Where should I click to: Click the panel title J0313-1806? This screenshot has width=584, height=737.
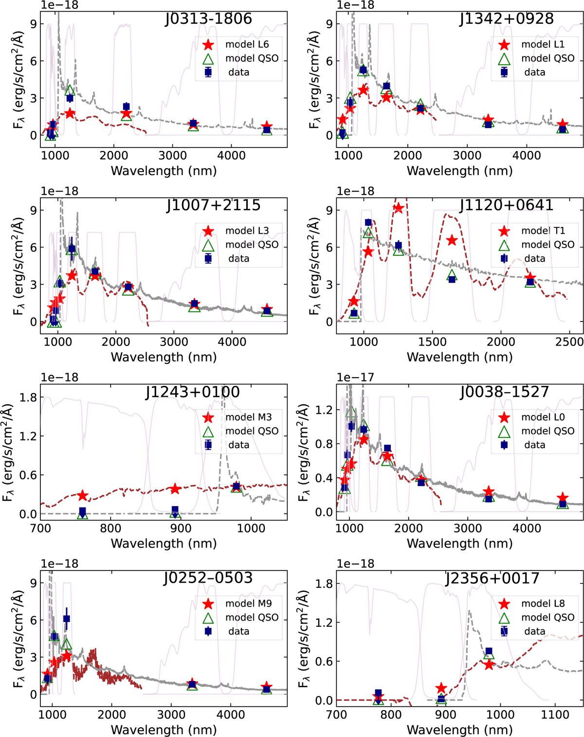[208, 19]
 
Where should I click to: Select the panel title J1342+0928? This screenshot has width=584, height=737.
[506, 19]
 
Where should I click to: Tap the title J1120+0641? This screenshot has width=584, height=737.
[506, 205]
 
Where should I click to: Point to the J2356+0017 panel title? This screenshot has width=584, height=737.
[493, 578]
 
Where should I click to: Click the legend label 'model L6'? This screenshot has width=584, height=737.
[247, 44]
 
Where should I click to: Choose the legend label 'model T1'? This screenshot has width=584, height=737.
[543, 231]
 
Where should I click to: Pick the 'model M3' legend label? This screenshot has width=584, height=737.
[248, 417]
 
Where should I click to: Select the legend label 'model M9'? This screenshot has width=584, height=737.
[248, 604]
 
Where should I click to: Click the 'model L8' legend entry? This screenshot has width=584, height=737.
[543, 604]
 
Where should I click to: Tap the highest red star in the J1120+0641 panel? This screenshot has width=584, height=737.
[398, 208]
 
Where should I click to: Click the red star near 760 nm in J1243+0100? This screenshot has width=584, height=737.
[82, 495]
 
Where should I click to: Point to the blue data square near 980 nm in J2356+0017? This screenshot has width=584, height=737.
[489, 651]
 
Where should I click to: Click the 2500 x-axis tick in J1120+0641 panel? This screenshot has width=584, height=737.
[569, 342]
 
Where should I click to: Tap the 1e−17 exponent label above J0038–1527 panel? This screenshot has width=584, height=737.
[355, 378]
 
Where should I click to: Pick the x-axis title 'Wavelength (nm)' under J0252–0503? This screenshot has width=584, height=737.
[164, 729]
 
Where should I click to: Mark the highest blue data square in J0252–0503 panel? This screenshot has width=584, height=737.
[66, 619]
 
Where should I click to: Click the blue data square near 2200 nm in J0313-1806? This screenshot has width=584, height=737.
[126, 106]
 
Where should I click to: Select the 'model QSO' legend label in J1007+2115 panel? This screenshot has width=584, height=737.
[252, 245]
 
